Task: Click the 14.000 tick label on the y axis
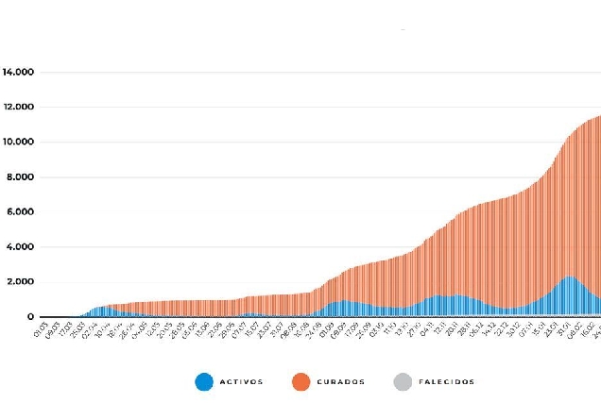pyautogui.click(x=19, y=72)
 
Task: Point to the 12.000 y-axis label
pyautogui.click(x=19, y=107)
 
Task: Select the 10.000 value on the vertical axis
pyautogui.click(x=19, y=142)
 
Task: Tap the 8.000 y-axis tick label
pyautogui.click(x=22, y=176)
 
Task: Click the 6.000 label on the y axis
pyautogui.click(x=22, y=211)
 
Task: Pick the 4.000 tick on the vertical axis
pyautogui.click(x=22, y=247)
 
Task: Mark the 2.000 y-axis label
pyautogui.click(x=22, y=282)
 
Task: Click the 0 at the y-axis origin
pyautogui.click(x=31, y=317)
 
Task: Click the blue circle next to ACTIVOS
pyautogui.click(x=204, y=382)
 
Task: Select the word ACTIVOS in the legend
pyautogui.click(x=243, y=382)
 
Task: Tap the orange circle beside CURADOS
pyautogui.click(x=301, y=382)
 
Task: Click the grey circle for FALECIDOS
pyautogui.click(x=401, y=382)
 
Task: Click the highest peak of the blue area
pyautogui.click(x=568, y=277)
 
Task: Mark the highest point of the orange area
pyautogui.click(x=599, y=116)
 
